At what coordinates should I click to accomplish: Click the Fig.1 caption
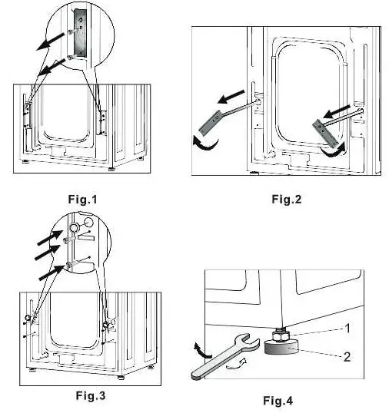click(82, 200)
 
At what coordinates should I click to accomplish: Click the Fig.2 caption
click(287, 199)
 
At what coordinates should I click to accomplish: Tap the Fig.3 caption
click(91, 395)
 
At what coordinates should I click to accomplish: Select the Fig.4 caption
click(278, 401)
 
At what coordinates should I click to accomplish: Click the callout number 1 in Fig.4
click(347, 329)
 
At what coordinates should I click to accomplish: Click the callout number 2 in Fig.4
click(347, 357)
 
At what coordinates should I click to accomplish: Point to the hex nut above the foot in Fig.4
click(281, 335)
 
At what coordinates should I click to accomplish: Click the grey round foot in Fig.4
click(281, 347)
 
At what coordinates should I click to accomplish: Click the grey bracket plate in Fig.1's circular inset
click(80, 33)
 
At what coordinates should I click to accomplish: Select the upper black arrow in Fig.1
click(50, 41)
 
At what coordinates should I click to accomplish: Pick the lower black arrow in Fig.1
click(52, 68)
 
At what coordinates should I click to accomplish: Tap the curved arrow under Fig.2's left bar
click(205, 144)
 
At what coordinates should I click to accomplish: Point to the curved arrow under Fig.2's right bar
click(333, 151)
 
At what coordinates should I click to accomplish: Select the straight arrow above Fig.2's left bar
click(231, 97)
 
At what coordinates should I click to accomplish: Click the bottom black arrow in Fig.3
click(52, 273)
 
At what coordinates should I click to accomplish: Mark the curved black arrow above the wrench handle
click(201, 350)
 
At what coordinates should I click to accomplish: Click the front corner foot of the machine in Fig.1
click(111, 168)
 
